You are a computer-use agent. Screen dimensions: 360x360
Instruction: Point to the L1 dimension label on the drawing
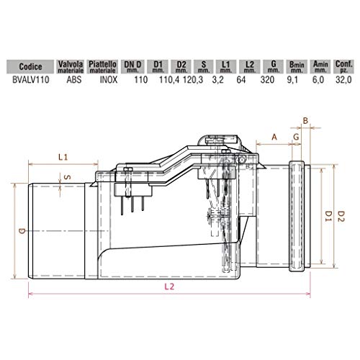[x=63, y=156]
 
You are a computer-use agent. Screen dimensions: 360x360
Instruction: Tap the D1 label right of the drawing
[x=328, y=214]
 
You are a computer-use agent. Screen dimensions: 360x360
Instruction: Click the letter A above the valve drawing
[x=274, y=135]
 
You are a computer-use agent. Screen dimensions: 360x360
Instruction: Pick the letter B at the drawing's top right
[x=305, y=120]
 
